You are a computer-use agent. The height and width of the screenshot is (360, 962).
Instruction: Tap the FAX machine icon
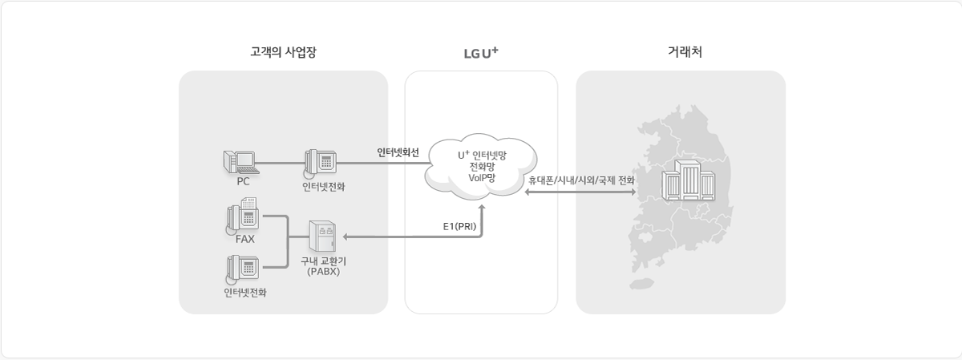[243, 215]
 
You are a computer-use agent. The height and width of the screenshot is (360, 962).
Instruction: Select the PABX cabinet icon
[322, 238]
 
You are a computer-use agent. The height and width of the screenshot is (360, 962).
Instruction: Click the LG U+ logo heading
[481, 54]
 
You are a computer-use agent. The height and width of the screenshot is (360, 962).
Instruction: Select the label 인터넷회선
[398, 152]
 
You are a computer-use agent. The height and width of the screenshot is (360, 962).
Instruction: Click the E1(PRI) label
[459, 226]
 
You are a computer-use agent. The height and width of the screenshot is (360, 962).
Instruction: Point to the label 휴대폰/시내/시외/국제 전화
[581, 180]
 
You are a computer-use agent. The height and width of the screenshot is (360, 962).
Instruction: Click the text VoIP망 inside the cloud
[482, 178]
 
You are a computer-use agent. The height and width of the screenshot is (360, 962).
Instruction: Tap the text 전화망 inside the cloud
[482, 166]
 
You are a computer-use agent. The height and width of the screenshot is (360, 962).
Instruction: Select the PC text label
[243, 181]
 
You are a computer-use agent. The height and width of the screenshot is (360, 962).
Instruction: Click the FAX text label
[245, 240]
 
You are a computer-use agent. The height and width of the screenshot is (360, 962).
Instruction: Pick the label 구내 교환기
[324, 261]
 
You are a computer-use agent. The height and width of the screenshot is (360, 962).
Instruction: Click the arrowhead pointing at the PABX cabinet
[346, 237]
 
